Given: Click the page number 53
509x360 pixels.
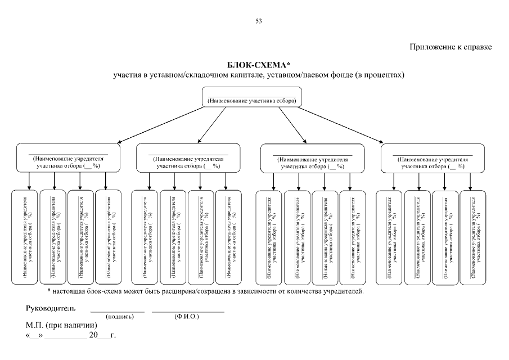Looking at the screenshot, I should tap(259, 21).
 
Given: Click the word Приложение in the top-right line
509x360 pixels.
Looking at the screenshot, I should tap(431, 47).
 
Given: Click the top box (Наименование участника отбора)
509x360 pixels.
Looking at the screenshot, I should tap(252, 100).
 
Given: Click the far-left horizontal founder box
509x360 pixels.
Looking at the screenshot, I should tap(68, 159).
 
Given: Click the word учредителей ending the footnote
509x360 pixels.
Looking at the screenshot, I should tap(343, 291).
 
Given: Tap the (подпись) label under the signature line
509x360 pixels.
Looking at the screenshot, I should tap(119, 317).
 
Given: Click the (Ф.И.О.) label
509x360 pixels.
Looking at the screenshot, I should tap(187, 317).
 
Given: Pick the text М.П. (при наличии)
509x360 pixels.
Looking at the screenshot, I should tap(61, 326).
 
